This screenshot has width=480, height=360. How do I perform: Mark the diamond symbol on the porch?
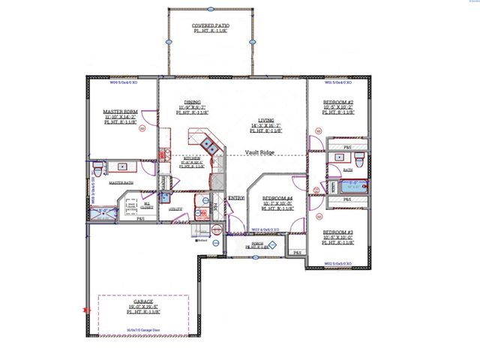coord(274,244)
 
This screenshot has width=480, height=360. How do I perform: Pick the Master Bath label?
coord(121,182)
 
